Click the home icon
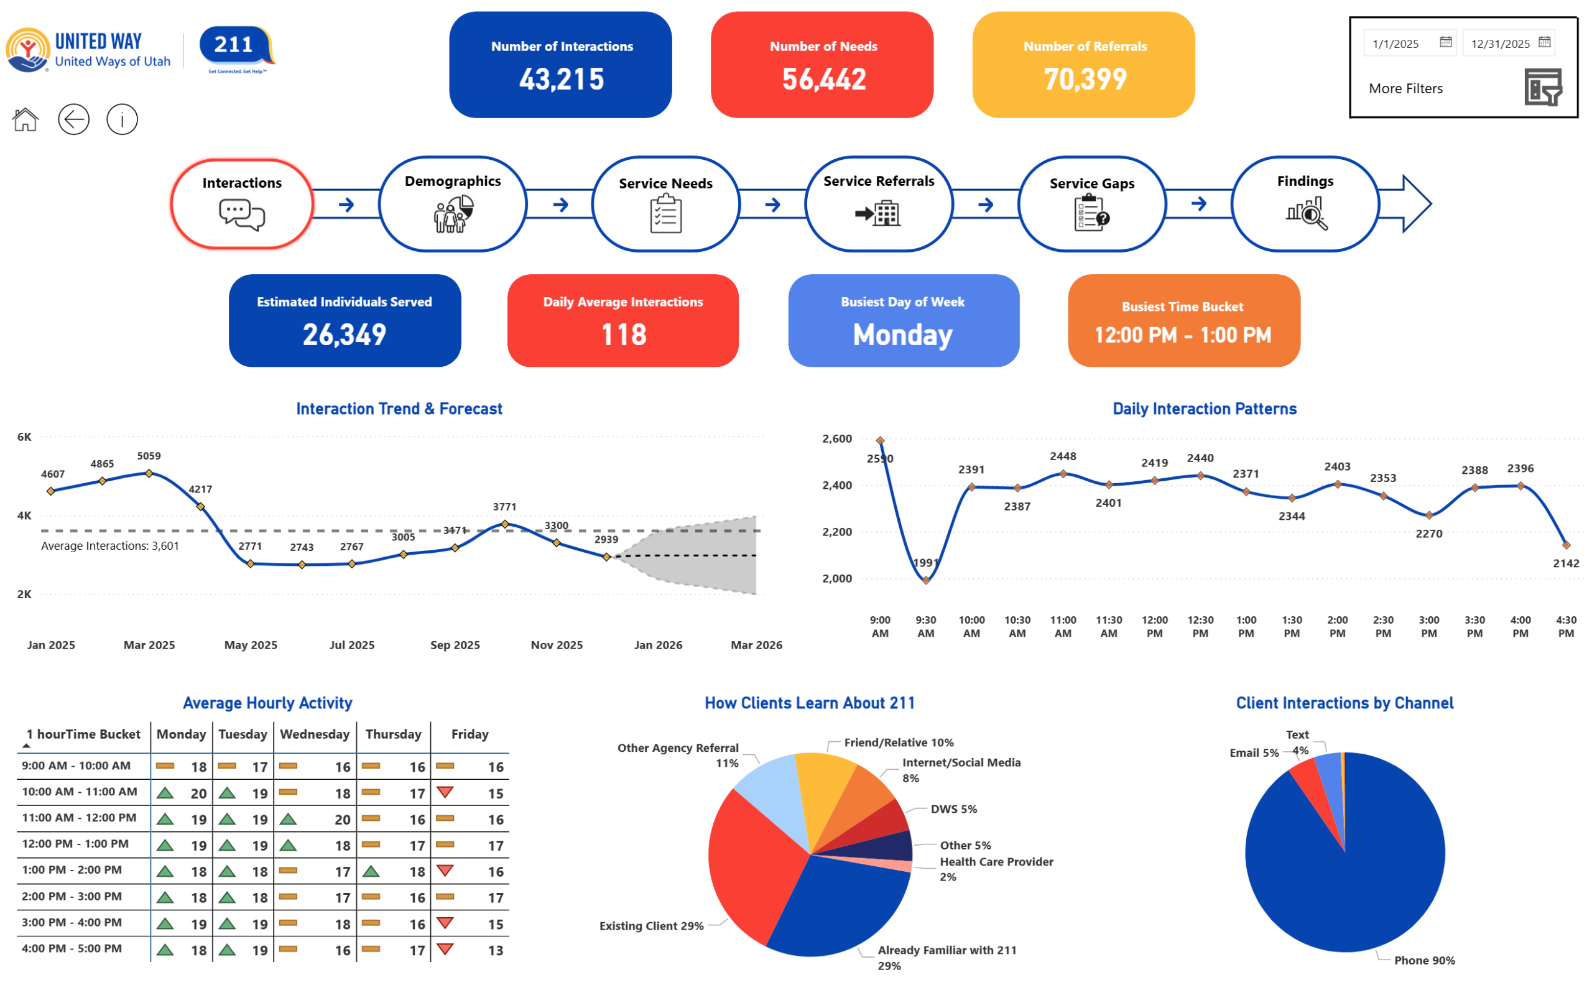pyautogui.click(x=25, y=120)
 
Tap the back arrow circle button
pyautogui.click(x=73, y=120)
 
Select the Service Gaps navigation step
pyautogui.click(x=1092, y=204)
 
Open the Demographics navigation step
pyautogui.click(x=453, y=204)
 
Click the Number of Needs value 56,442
pyautogui.click(x=823, y=80)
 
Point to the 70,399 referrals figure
pyautogui.click(x=1085, y=80)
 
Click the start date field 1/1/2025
pyautogui.click(x=1395, y=44)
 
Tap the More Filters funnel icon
pyautogui.click(x=1542, y=87)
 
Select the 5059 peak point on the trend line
pyautogui.click(x=149, y=474)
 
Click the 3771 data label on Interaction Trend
pyautogui.click(x=505, y=507)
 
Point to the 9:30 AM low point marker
pyautogui.click(x=926, y=580)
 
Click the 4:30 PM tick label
pyautogui.click(x=1566, y=627)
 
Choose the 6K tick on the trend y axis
pyautogui.click(x=24, y=437)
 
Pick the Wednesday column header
pyautogui.click(x=315, y=734)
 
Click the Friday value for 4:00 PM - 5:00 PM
pyautogui.click(x=496, y=950)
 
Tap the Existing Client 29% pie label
pyautogui.click(x=651, y=926)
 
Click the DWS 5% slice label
pyautogui.click(x=953, y=809)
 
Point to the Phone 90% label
pyautogui.click(x=1425, y=960)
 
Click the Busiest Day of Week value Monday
pyautogui.click(x=903, y=335)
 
